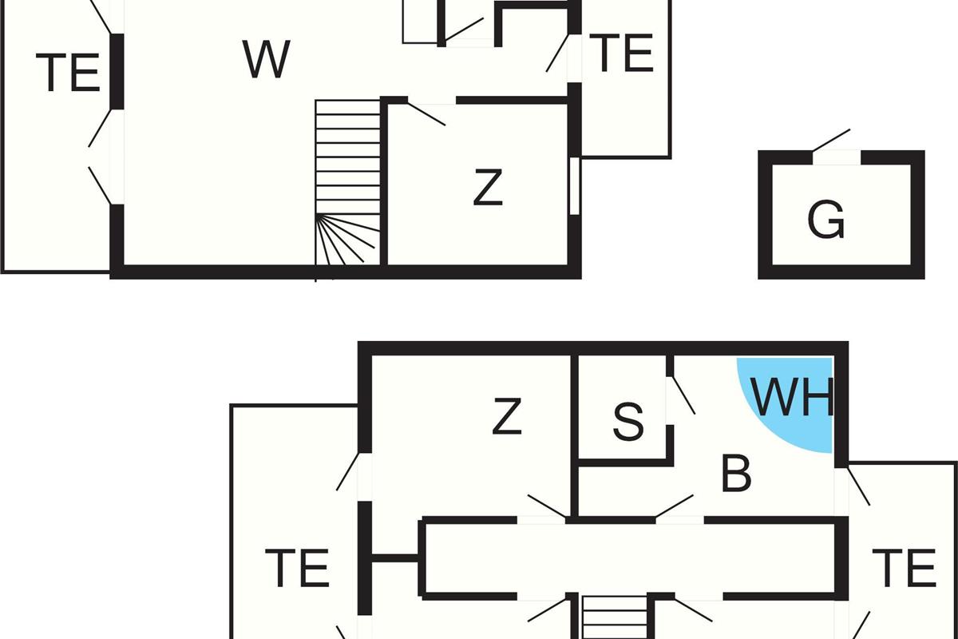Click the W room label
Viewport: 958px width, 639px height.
coord(266,59)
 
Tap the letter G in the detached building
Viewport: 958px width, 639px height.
coord(825,220)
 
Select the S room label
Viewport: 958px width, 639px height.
coord(627,423)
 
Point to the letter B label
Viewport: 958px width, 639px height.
coord(735,474)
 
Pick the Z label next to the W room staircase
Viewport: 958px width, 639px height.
coord(487,189)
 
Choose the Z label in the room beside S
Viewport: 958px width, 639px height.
coord(507,417)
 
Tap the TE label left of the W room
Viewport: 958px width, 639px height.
coord(68,73)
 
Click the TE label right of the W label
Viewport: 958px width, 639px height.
coord(624,54)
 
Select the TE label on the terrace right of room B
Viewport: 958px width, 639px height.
coord(903,569)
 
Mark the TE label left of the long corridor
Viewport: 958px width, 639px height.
coord(297,569)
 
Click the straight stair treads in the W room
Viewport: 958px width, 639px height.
coord(347,157)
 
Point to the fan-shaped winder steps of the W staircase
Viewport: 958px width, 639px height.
coord(347,240)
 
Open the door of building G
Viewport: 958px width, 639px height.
coord(832,141)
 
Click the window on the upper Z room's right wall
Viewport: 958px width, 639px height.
coord(574,185)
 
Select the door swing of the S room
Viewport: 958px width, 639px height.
coord(681,395)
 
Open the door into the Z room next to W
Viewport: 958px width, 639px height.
coord(427,113)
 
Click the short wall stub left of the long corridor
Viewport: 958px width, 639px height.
coord(393,558)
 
